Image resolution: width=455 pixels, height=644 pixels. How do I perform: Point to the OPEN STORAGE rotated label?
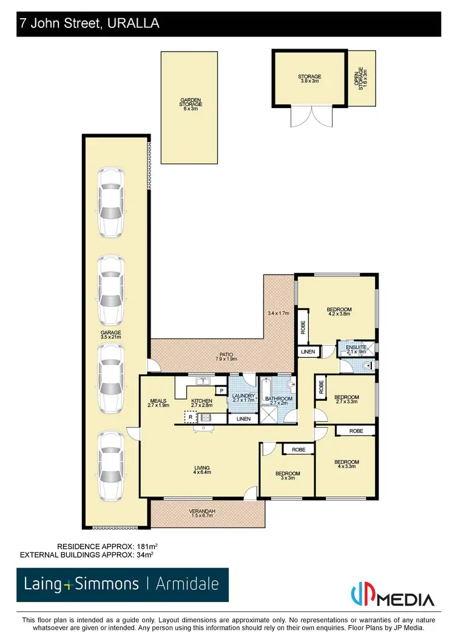362,80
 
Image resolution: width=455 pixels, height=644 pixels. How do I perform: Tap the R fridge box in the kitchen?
190,417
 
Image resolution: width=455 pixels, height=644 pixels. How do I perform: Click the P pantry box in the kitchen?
221,391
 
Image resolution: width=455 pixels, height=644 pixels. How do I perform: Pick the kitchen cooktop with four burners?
206,417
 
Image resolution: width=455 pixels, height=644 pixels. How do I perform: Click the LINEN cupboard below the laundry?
243,419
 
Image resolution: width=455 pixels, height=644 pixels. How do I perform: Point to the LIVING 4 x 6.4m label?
201,470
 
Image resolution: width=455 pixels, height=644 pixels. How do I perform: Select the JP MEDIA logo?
393,595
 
